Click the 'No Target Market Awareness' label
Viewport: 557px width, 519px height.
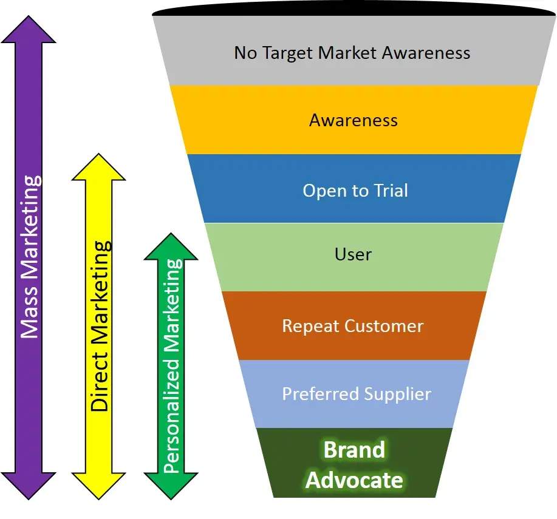point(352,53)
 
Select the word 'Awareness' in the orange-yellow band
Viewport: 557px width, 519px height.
point(354,120)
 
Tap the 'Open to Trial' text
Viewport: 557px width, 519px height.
point(355,191)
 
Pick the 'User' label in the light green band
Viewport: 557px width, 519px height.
point(353,254)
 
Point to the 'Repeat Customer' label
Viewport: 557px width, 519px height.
point(353,326)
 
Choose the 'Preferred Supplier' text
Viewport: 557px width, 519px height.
point(357,394)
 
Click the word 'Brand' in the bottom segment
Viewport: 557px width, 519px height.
point(354,450)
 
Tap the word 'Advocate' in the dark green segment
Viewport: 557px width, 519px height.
point(354,480)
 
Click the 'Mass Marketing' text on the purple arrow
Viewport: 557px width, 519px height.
point(30,257)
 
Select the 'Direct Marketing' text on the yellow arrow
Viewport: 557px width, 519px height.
point(100,326)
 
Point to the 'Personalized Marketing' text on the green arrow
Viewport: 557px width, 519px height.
point(173,366)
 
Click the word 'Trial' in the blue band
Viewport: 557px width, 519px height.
point(389,191)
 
